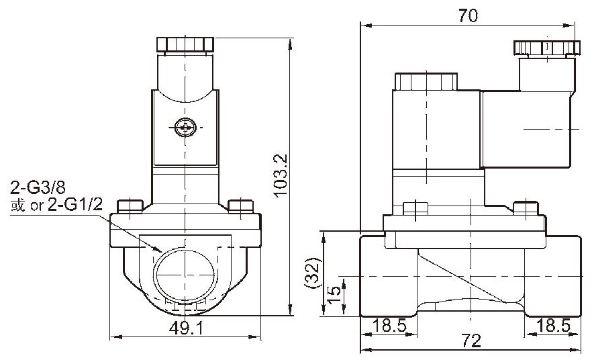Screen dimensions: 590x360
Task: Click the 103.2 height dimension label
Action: pos(281,175)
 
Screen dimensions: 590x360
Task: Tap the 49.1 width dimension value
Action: pos(186,328)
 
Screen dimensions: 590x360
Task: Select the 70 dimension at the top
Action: pos(468,15)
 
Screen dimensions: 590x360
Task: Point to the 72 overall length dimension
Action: pos(471,341)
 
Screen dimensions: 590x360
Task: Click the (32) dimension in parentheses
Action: pos(313,273)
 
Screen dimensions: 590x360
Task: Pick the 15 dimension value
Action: pos(334,296)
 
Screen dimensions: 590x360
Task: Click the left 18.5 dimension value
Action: pos(389,325)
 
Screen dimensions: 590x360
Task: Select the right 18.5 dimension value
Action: pos(553,325)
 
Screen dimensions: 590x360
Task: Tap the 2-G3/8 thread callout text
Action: pos(38,187)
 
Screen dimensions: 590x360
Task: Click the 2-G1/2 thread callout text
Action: pos(75,204)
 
